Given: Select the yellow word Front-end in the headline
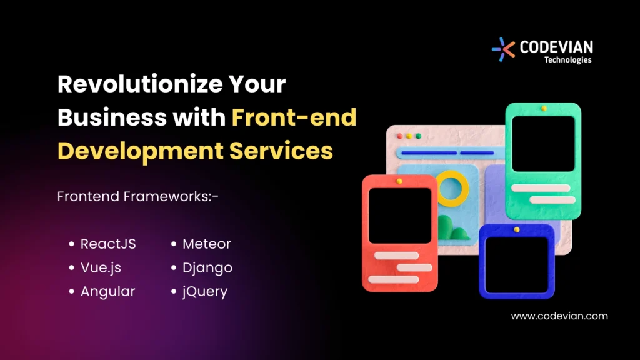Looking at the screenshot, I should point(294,117).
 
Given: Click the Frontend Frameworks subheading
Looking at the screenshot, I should point(138,196).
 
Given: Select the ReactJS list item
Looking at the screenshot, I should point(108,244).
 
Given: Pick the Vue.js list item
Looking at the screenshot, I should point(101,267).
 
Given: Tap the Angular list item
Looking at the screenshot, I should point(107,291).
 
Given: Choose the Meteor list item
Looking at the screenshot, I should point(206,244).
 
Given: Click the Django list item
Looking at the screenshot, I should point(207,267).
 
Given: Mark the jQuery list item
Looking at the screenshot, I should point(205,291).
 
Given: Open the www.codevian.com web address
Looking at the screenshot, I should point(559,316).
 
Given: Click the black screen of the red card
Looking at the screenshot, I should point(400,216).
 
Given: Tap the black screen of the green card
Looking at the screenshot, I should point(543,143).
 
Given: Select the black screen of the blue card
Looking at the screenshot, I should point(516,264).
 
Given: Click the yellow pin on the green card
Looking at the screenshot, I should point(544,109).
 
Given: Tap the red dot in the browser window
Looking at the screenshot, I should point(399,136).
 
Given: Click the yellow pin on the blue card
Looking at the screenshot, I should point(516,230).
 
